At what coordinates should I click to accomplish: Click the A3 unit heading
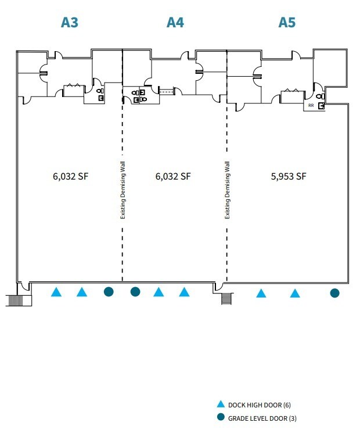coord(70,22)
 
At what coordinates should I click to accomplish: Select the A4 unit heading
coord(175,22)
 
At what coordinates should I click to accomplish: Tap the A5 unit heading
coord(287,22)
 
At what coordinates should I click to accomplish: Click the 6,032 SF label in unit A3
coord(69,177)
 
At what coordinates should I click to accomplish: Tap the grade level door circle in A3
coord(108,292)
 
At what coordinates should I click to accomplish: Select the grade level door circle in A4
coord(135,292)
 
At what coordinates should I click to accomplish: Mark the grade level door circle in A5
coord(334,293)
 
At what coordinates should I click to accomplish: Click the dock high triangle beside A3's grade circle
coord(82,292)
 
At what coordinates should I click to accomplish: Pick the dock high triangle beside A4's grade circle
coord(159,292)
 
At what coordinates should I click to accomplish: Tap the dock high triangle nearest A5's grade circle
coord(295,293)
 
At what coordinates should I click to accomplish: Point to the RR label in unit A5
coord(311,106)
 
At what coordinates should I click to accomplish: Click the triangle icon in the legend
coord(220,404)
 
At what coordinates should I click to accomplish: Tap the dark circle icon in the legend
coord(220,418)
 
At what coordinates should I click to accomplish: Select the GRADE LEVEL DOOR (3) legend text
coord(262,418)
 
